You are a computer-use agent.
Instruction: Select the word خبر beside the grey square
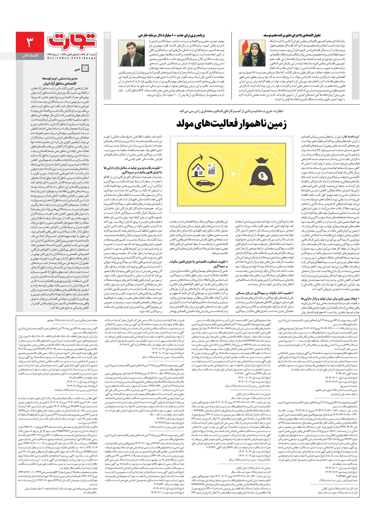77,69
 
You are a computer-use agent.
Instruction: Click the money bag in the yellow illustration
262,174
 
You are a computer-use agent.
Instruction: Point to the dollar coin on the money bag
262,176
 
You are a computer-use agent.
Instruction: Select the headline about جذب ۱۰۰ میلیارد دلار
171,36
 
